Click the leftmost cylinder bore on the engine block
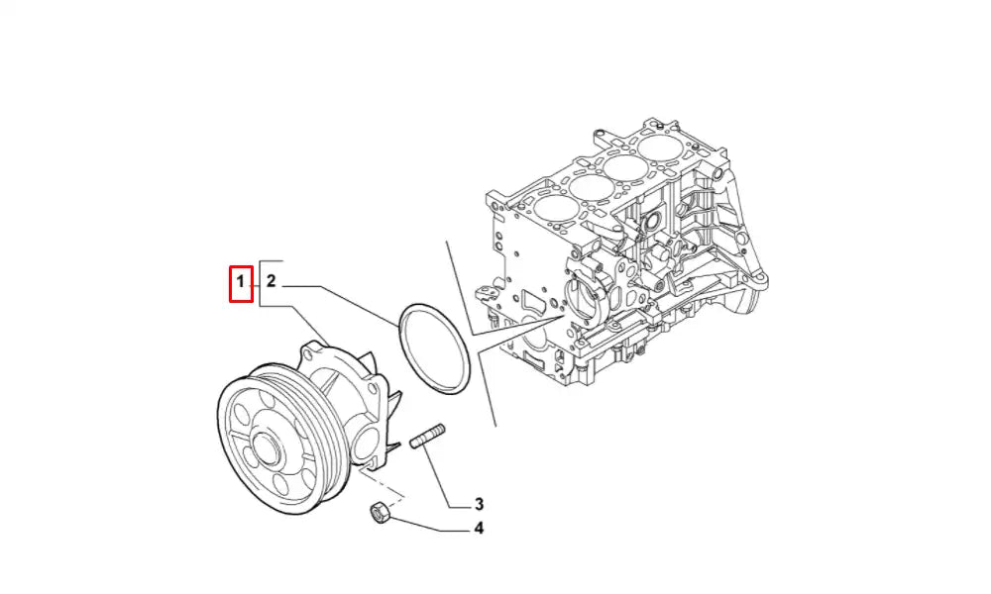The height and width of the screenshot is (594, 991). point(550,210)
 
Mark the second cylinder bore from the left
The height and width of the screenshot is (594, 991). point(589,187)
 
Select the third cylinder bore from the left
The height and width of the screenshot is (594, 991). point(626,166)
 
